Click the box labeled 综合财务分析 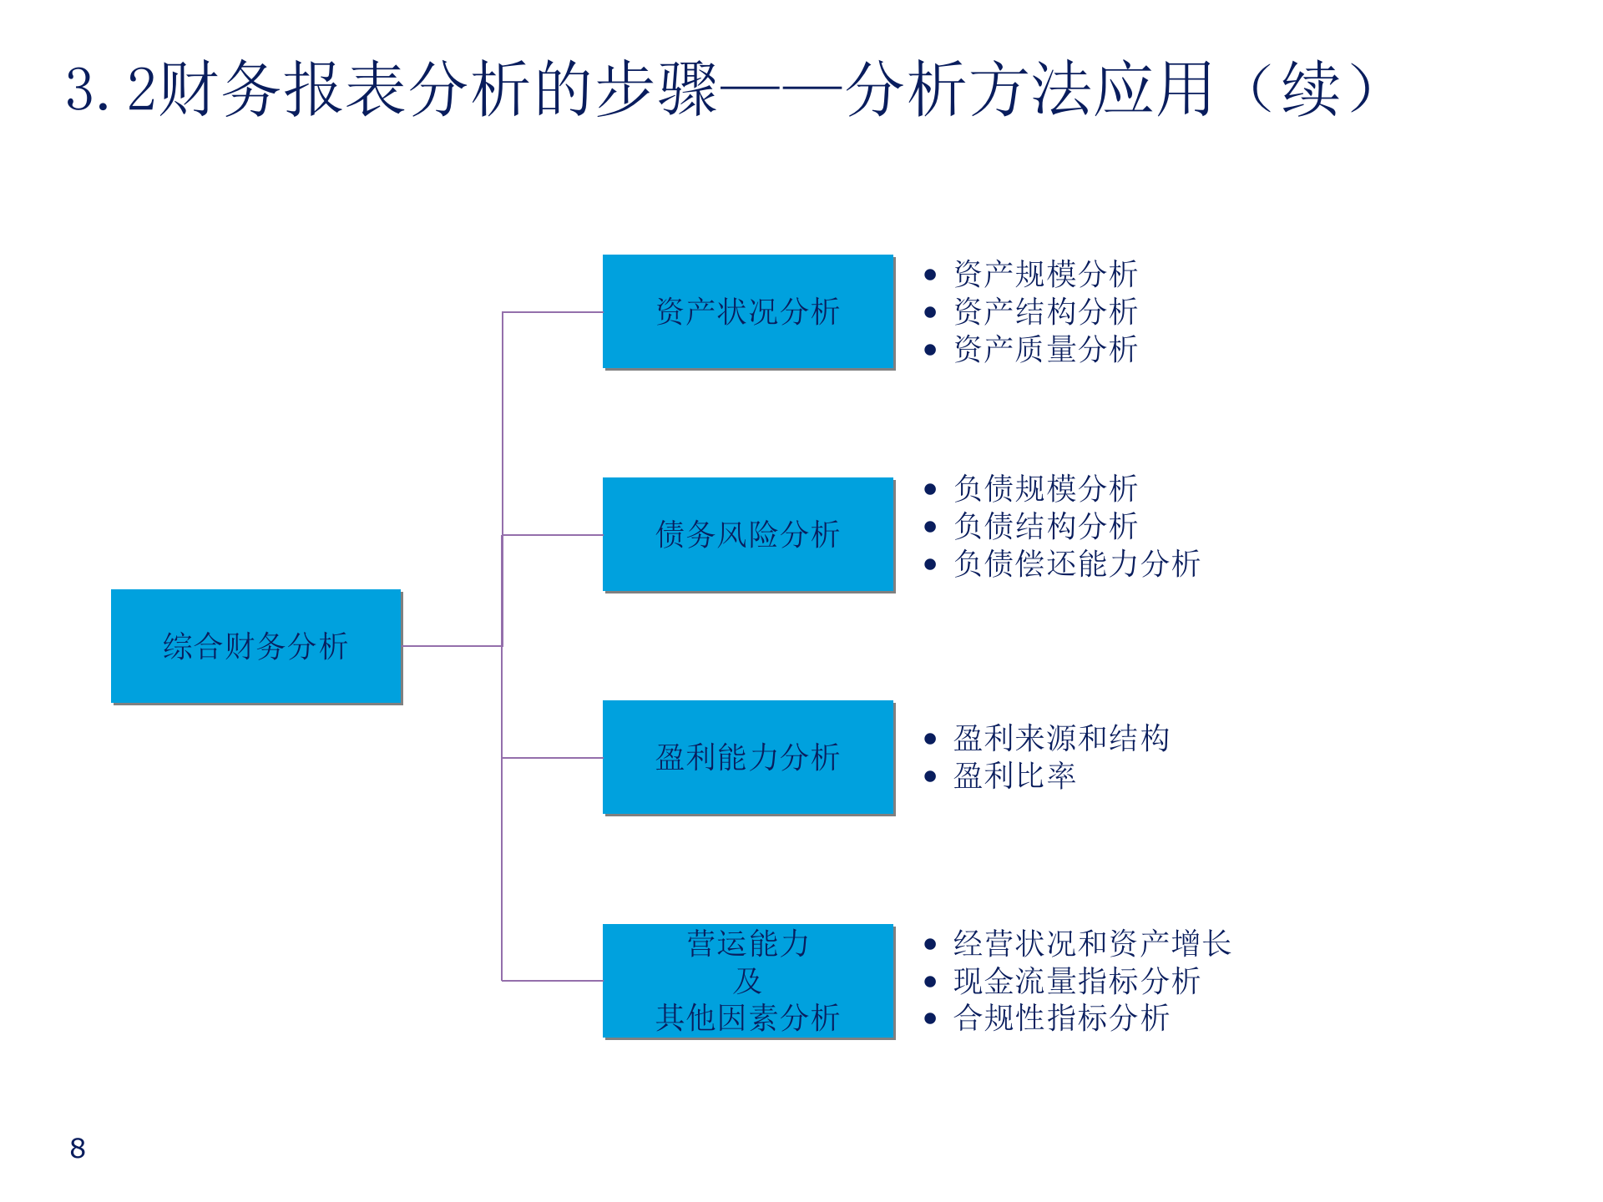(x=255, y=646)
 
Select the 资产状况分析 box (x=748, y=311)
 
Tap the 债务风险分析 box (x=748, y=534)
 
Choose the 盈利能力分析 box (x=748, y=757)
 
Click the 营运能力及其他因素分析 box (x=748, y=981)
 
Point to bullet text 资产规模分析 (x=1045, y=274)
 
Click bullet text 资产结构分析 (x=1045, y=311)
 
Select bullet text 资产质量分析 (x=1045, y=349)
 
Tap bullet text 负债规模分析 (x=1045, y=488)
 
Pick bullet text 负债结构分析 (x=1045, y=526)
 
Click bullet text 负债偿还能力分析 (x=1077, y=563)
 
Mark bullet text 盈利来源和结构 (x=1061, y=738)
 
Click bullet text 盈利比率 (x=1014, y=776)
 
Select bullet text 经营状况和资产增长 (x=1092, y=943)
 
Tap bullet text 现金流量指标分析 (x=1077, y=981)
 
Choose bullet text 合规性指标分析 (x=1061, y=1018)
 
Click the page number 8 (x=78, y=1149)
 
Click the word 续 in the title (x=1311, y=88)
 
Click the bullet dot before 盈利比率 (x=930, y=777)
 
